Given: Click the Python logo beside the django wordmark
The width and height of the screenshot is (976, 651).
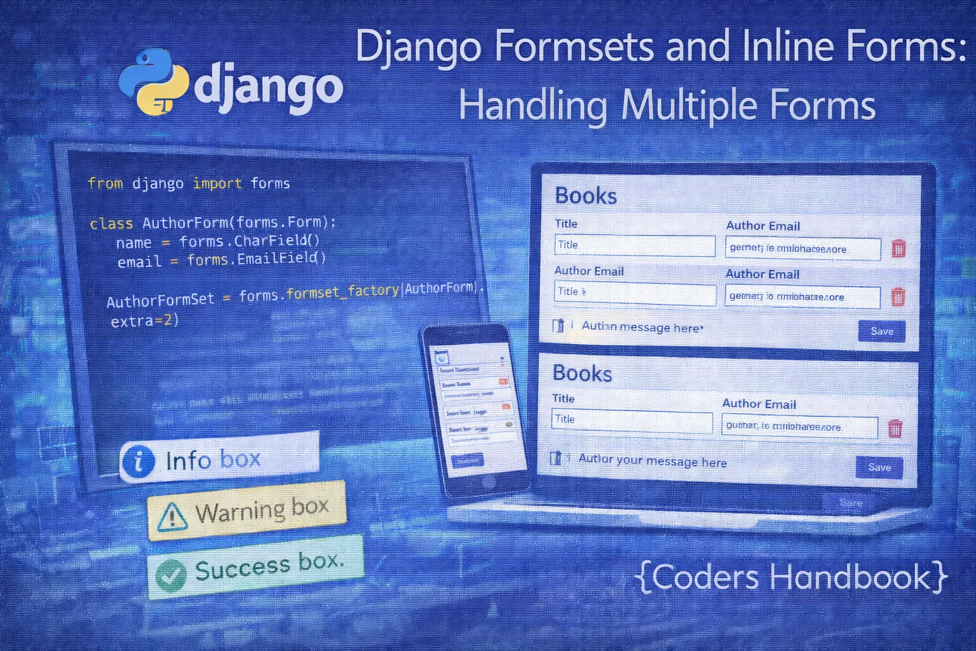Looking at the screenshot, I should [x=154, y=82].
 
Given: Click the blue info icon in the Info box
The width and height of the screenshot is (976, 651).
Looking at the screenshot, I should [x=138, y=461].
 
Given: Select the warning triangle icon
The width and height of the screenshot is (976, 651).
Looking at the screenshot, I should [x=172, y=516].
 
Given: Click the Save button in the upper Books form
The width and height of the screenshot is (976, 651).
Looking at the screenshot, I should [x=881, y=331].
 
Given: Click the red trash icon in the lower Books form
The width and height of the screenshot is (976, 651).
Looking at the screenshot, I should [x=895, y=429].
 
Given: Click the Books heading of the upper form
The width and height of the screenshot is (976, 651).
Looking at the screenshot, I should [x=586, y=196].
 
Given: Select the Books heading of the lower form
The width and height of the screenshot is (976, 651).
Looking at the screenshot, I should [x=582, y=373].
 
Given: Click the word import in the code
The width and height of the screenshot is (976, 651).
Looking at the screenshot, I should [x=217, y=184].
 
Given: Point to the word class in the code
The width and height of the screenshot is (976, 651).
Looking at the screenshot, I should [x=111, y=224].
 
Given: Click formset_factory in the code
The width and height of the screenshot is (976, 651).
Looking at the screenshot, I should [x=342, y=292].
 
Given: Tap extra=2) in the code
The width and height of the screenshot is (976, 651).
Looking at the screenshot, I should [x=145, y=321].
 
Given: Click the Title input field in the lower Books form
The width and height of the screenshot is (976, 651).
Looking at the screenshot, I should [x=632, y=421].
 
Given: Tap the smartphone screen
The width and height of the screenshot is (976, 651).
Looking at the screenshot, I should [x=473, y=407].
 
